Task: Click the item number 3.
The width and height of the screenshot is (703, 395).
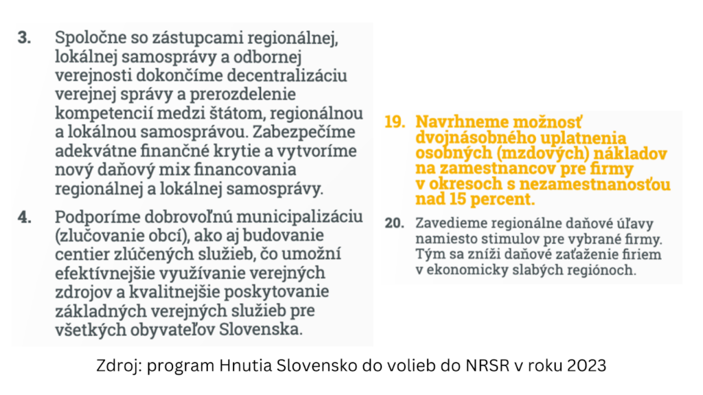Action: click(x=24, y=38)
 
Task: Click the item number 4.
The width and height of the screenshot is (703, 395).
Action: click(x=25, y=217)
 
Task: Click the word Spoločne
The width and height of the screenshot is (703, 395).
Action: click(x=88, y=38)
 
